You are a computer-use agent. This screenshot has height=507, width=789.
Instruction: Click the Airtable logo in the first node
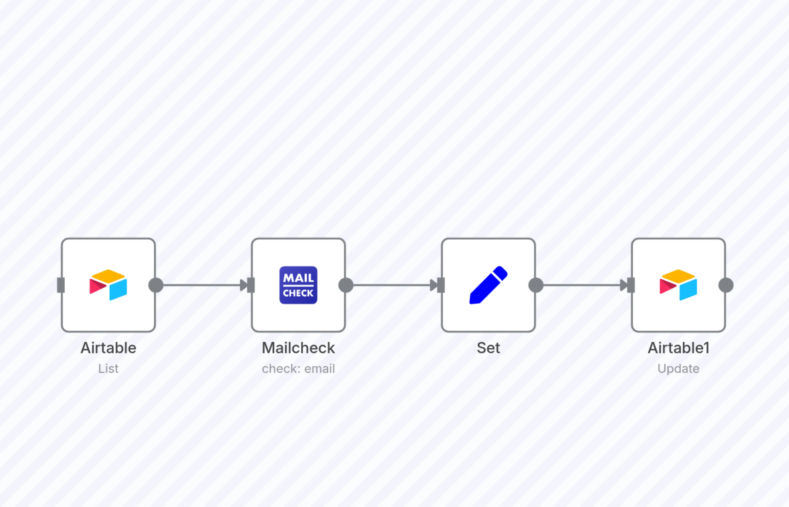(x=108, y=285)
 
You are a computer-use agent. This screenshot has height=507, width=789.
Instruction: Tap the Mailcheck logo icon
(x=298, y=285)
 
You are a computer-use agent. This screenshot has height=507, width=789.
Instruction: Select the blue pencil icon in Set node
(x=488, y=285)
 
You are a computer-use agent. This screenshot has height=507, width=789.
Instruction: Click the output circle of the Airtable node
(x=156, y=285)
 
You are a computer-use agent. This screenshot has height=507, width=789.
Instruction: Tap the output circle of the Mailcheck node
(x=346, y=285)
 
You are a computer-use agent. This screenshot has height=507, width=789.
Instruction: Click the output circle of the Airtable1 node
(x=726, y=285)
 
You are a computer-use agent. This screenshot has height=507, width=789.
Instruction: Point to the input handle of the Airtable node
(x=61, y=285)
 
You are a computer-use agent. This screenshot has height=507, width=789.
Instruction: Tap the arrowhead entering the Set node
(x=434, y=285)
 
